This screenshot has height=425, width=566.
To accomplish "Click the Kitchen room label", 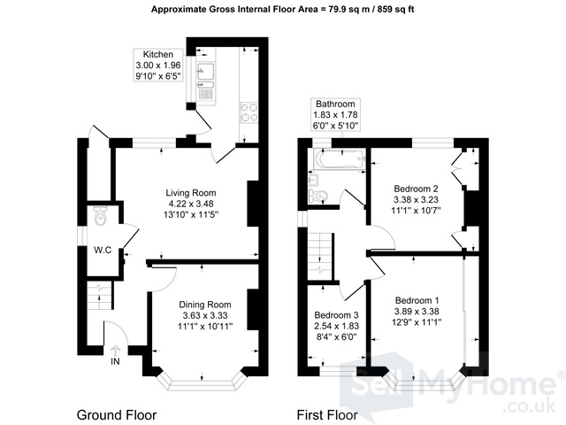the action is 158,55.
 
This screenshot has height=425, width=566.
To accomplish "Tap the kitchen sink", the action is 205,79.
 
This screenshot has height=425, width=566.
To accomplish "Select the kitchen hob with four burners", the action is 249,112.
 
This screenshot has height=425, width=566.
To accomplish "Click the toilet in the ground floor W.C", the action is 100,215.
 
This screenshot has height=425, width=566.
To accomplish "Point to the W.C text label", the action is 103,250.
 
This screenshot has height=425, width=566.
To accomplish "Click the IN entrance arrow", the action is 115,352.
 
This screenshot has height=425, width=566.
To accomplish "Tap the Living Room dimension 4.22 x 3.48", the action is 191,204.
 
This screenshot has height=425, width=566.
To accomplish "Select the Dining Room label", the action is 205,305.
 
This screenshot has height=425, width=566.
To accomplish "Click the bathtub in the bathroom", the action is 340,158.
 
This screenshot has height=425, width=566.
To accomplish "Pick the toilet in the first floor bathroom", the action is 317,196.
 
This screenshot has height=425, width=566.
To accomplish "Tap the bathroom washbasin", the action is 314,179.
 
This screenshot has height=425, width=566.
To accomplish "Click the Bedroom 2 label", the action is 416,189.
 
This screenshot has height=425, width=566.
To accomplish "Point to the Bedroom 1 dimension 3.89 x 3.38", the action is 417,311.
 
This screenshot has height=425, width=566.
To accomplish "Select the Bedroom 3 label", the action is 336,315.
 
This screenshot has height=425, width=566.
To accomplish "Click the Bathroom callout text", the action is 335,104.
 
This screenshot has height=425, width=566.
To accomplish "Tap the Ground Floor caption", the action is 117,415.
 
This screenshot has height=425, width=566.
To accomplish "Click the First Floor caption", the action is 327,415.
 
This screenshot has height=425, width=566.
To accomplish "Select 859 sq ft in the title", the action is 395,10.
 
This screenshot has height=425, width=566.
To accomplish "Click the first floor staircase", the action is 320,256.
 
